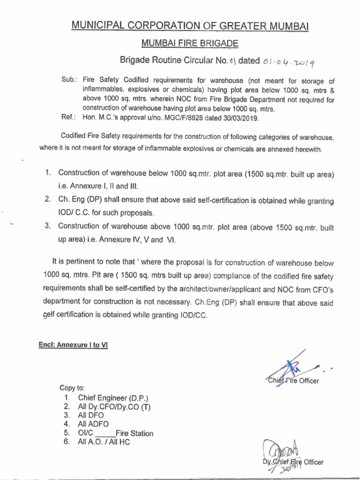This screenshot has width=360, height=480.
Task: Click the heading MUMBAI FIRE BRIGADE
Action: click(x=189, y=44)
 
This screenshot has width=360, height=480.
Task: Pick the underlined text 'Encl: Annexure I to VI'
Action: click(x=73, y=345)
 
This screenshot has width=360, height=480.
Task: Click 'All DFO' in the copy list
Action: click(x=91, y=415)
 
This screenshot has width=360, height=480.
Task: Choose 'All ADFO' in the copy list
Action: click(x=93, y=424)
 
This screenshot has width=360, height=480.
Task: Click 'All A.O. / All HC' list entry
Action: click(x=104, y=442)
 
